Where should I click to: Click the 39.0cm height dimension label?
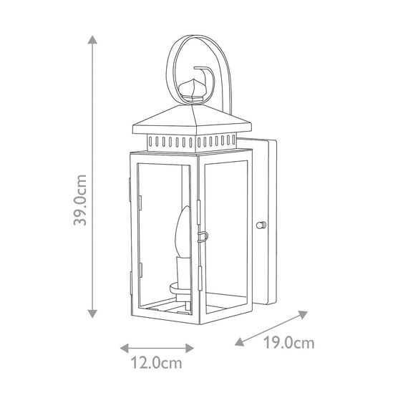[80, 200]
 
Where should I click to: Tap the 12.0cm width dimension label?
[156, 363]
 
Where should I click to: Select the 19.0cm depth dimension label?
[289, 342]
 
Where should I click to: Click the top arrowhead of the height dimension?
[92, 39]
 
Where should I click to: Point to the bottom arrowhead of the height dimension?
[92, 314]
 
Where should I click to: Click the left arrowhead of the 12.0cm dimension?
[124, 348]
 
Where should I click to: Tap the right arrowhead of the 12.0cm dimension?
[190, 348]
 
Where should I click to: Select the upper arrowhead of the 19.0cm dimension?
[303, 314]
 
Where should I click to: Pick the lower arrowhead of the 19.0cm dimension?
[240, 341]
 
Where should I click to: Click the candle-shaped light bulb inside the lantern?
[183, 231]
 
